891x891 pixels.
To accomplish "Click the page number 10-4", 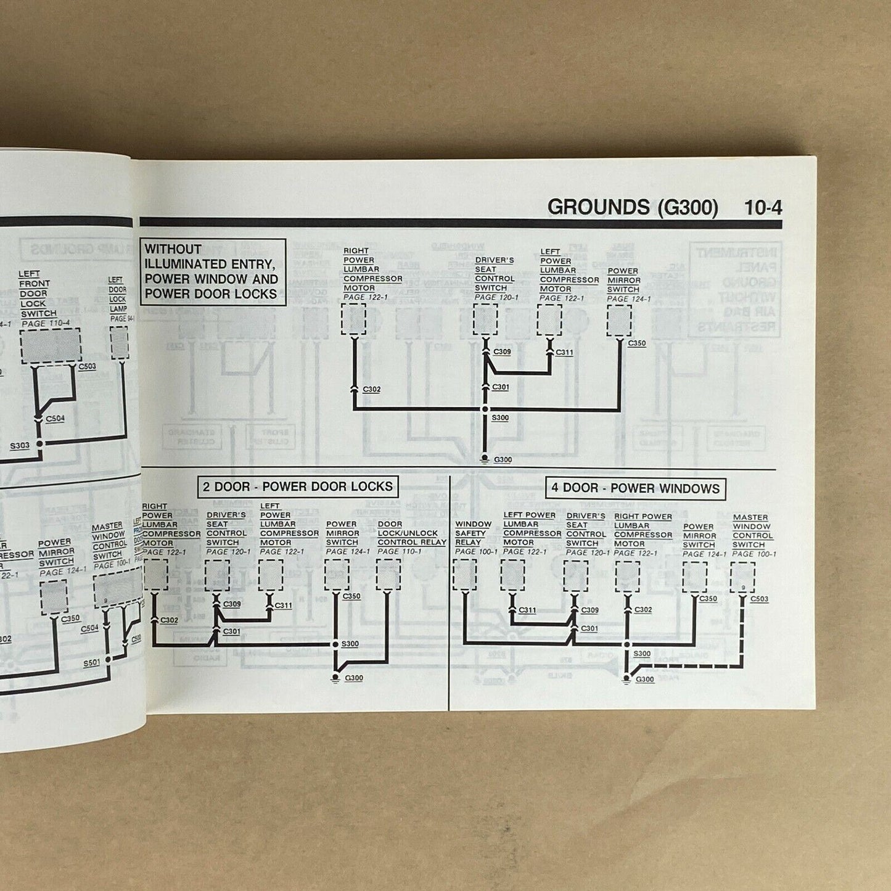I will tap(763, 208).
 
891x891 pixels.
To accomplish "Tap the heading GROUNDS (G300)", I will tap(633, 207).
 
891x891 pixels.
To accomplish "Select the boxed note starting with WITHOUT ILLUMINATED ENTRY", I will tap(212, 272).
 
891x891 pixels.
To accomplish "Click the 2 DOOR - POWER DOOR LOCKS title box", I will tap(297, 487).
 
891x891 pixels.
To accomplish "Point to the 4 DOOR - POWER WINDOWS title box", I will tap(635, 488).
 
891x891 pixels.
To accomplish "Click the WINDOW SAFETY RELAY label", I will tap(474, 533).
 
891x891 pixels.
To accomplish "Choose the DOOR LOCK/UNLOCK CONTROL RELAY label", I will tap(411, 533).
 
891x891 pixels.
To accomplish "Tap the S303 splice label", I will tap(19, 445).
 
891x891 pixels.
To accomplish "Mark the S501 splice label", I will tap(92, 664).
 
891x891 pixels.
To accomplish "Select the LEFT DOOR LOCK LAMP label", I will tap(118, 295).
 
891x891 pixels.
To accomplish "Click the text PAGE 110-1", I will tap(400, 551).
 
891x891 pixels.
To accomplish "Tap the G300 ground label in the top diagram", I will tap(503, 460).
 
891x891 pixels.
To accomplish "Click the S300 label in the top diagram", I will tap(500, 418).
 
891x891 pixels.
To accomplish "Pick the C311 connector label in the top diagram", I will tap(564, 353).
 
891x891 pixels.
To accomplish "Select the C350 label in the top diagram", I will tap(637, 343).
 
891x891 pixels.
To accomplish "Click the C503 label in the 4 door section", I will tap(759, 599).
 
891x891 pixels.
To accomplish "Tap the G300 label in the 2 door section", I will tap(354, 678).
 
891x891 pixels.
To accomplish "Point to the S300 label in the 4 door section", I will tap(642, 654).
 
